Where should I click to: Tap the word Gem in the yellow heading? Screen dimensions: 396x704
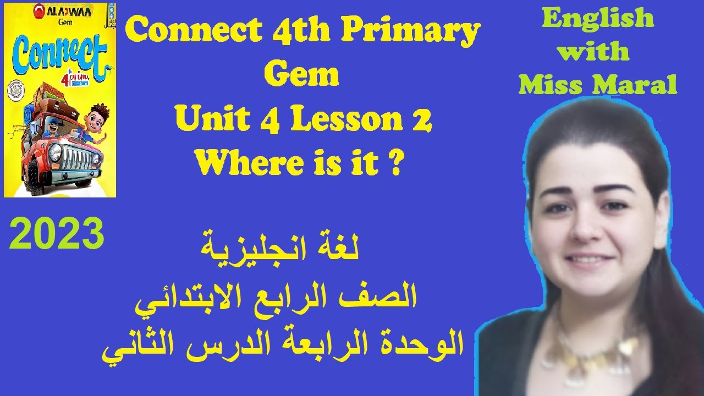point(301,75)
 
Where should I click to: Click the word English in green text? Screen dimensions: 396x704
point(598,20)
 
